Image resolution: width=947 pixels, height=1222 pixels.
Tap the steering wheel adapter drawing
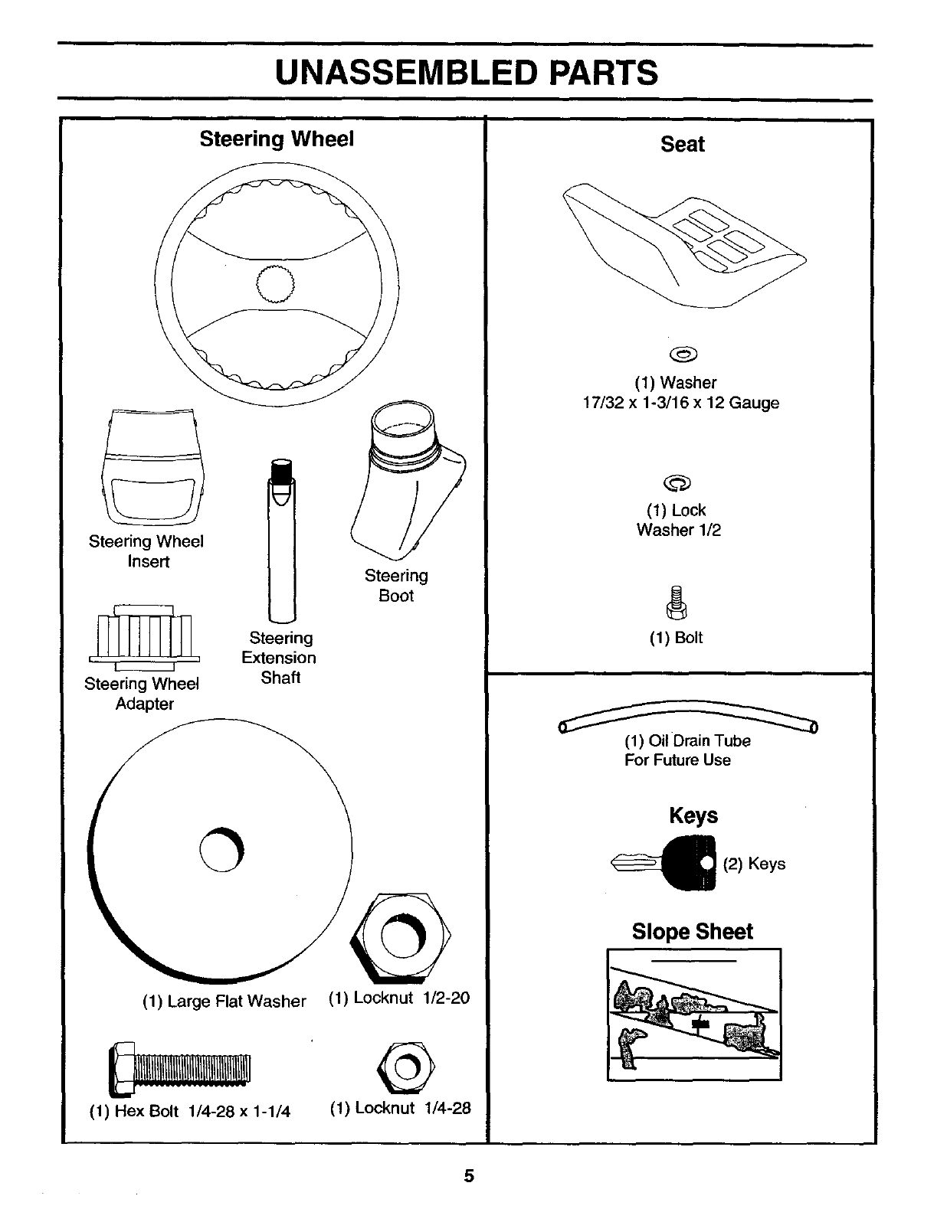tap(144, 632)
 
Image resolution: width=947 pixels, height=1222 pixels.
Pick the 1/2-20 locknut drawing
tap(401, 936)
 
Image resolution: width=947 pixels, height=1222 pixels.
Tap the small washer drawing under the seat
tap(683, 354)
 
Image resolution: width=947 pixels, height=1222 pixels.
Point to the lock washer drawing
tap(678, 482)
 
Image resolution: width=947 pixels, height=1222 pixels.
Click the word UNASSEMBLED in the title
tap(405, 74)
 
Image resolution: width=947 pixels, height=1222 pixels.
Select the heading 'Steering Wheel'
tap(277, 139)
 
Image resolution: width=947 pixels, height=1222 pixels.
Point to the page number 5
tap(469, 1176)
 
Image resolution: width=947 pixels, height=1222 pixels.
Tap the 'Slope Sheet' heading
tap(692, 931)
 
